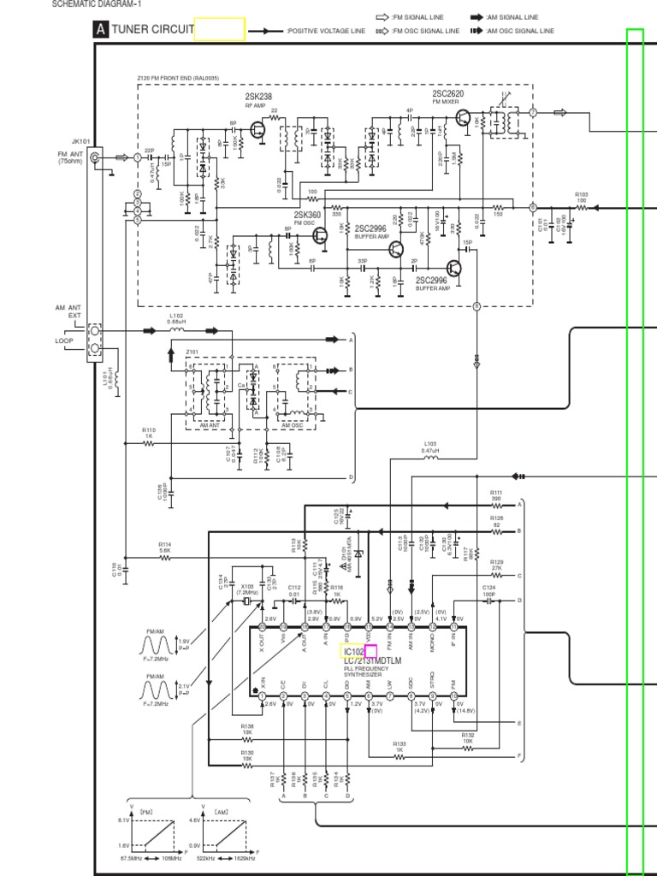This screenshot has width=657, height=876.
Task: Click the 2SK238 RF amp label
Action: (258, 97)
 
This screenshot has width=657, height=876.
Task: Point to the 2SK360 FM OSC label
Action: (307, 215)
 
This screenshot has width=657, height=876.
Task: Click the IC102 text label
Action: (353, 652)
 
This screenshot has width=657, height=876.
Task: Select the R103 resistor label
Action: (582, 195)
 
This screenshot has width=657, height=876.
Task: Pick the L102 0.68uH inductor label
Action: (176, 317)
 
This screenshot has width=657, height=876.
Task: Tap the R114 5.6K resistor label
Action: (165, 545)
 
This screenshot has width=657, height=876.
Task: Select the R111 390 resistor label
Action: (496, 494)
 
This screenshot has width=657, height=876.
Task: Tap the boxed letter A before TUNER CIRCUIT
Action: (101, 30)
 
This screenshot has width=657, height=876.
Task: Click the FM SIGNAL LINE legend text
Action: (422, 17)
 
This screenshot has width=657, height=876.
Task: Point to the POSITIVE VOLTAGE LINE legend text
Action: (326, 31)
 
